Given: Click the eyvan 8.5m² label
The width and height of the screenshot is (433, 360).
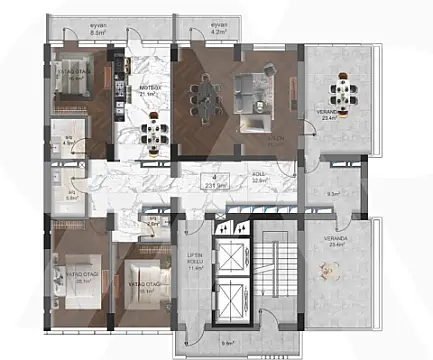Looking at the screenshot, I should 97,31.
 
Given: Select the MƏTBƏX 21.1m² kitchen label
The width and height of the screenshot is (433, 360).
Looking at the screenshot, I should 150,91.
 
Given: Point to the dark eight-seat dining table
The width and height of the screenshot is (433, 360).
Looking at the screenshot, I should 208,97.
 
